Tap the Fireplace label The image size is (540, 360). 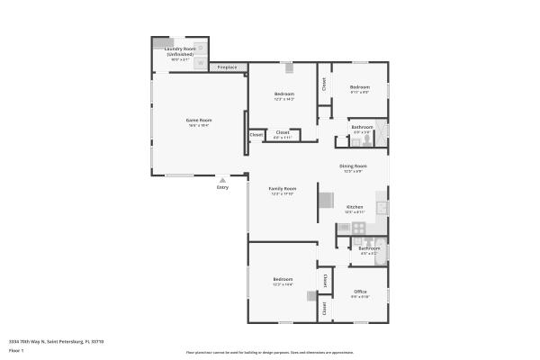(x=228, y=67)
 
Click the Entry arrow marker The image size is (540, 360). (x=222, y=180)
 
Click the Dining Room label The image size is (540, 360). (x=353, y=166)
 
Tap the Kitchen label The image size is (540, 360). (x=355, y=208)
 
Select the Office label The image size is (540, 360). (x=360, y=292)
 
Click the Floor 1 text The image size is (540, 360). (x=16, y=350)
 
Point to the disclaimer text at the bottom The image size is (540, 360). (x=269, y=353)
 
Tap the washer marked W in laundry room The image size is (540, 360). (x=201, y=49)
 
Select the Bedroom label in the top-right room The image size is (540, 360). (x=360, y=88)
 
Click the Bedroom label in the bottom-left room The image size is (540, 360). (x=283, y=280)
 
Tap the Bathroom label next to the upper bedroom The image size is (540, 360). (x=362, y=128)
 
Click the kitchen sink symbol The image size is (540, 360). (x=382, y=207)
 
